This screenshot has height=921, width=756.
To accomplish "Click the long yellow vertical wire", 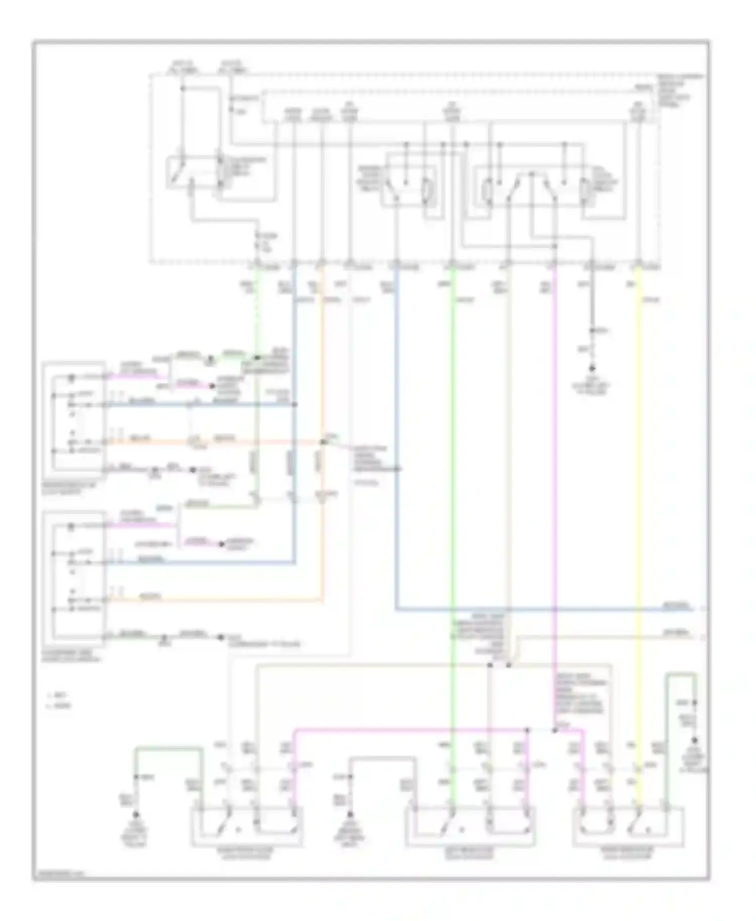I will tap(640, 504).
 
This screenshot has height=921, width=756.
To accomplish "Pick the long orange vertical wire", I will tap(322, 353).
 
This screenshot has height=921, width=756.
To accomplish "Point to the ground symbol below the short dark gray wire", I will tap(593, 369).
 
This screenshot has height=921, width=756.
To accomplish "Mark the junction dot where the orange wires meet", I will tap(323, 442).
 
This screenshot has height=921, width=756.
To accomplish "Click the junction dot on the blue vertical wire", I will tap(295, 404).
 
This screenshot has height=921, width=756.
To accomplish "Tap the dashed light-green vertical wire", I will tap(259, 312).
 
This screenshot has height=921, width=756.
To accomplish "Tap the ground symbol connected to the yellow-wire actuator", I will tap(695, 741).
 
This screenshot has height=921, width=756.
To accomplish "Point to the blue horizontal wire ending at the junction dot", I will tap(202, 404).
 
